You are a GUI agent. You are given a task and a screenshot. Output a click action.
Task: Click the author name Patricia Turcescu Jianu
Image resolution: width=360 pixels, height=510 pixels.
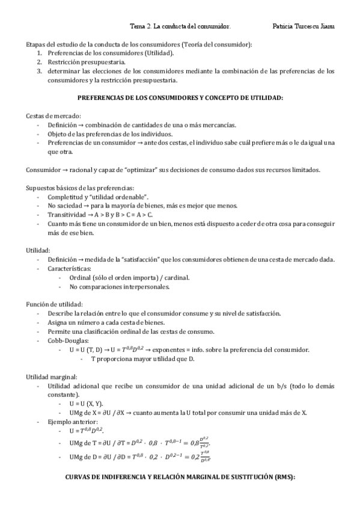tap(304, 26)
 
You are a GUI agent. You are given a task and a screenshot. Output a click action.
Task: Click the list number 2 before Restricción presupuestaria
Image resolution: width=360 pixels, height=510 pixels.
tap(39, 62)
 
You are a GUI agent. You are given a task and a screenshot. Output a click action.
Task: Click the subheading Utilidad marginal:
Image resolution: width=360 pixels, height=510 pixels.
tap(51, 376)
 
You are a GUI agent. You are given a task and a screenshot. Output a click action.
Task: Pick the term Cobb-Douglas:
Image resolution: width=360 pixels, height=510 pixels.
tap(66, 340)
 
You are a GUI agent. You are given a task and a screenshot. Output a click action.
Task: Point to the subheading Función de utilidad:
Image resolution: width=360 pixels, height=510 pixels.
tap(55, 304)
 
